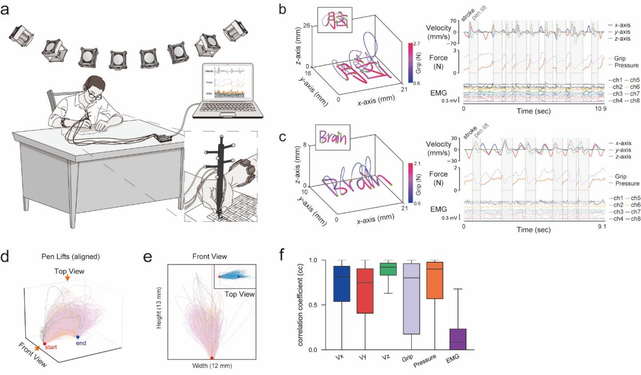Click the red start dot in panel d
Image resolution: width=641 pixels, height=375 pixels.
pos(45,344)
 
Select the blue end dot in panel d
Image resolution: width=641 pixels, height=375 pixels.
pos(77,337)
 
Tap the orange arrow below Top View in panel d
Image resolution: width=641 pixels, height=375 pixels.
pos(67,277)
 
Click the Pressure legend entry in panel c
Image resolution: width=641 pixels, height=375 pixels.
pos(625,183)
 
